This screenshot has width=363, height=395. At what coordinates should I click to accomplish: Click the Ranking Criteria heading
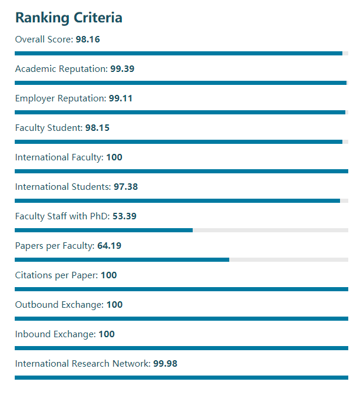click(x=68, y=18)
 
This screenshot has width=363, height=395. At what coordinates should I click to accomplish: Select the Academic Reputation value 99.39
click(x=122, y=69)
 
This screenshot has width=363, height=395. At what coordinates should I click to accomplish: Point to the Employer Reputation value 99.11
click(x=120, y=98)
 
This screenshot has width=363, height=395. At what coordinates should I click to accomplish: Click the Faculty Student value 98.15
click(x=97, y=128)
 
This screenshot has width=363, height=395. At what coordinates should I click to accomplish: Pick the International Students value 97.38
click(x=126, y=187)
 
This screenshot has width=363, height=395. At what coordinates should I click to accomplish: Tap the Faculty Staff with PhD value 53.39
click(x=124, y=216)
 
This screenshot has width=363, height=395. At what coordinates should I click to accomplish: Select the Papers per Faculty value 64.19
click(x=109, y=246)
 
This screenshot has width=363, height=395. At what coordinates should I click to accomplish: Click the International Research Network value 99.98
click(x=165, y=364)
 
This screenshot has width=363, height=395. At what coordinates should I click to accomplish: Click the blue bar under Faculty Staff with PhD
click(x=103, y=230)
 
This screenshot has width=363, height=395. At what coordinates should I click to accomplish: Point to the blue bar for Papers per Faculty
click(x=121, y=259)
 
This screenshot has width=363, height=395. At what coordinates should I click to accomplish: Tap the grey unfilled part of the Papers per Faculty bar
click(x=289, y=259)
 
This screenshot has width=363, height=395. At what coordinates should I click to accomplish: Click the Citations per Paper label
click(x=57, y=275)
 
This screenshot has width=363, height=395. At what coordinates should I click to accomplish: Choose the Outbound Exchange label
click(x=59, y=305)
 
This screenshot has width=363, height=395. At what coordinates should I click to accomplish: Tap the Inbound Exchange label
click(x=55, y=334)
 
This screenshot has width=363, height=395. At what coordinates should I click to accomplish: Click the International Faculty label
click(x=59, y=157)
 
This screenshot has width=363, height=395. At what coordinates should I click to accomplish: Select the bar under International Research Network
click(x=181, y=377)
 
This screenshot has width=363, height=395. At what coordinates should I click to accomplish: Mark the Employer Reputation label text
click(x=60, y=98)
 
